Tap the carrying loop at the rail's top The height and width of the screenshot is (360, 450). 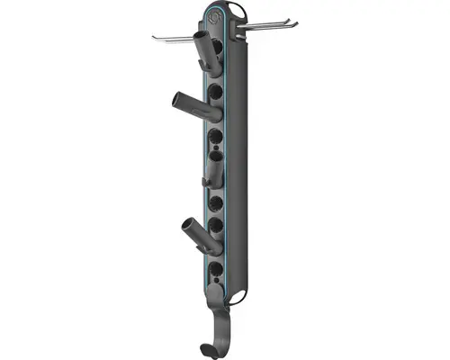point(236,9)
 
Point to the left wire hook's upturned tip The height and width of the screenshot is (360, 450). point(154,37)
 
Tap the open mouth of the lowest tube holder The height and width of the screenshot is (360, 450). point(189,224)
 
